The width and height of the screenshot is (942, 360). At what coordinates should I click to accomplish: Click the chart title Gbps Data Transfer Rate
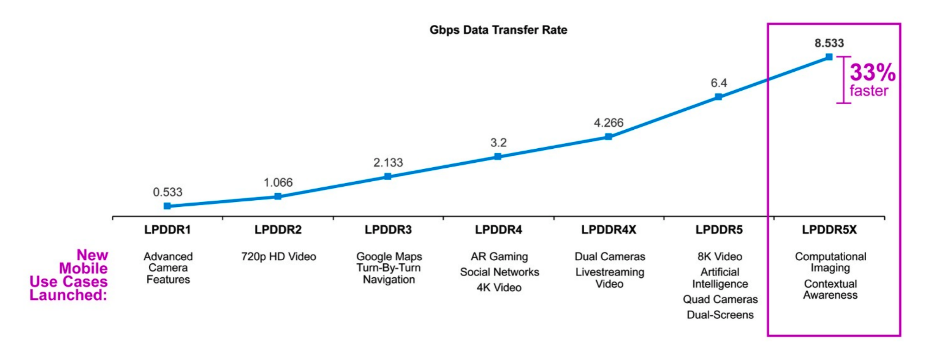point(498,30)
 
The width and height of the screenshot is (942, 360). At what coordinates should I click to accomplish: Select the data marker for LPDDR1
point(167,206)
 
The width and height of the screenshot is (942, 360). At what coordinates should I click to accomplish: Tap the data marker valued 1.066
point(278,196)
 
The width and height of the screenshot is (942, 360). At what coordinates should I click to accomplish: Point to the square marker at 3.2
point(498,157)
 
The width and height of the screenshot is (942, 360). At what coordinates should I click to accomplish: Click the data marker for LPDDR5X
point(829,57)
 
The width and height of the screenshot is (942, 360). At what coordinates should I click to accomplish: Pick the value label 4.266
point(608,123)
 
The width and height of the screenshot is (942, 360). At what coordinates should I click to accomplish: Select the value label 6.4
point(719,83)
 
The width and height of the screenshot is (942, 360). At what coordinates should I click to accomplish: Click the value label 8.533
point(829,43)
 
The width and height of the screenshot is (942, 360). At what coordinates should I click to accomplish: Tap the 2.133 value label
point(388,163)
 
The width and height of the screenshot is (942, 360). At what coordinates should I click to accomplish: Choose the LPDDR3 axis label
point(388,230)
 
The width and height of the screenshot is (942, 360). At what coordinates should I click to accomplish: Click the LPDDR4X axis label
point(609,230)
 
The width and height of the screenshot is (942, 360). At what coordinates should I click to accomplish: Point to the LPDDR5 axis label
point(719,230)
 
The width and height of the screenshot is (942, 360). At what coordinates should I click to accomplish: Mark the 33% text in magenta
point(872,72)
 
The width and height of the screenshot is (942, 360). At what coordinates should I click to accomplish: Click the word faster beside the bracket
point(869,91)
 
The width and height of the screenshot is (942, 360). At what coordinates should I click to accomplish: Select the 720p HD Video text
point(279,257)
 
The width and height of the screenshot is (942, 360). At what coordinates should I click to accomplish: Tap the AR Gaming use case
point(499,257)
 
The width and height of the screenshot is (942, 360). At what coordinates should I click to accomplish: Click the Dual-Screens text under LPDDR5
point(720,315)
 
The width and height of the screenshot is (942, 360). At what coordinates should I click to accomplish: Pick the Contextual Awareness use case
point(830,290)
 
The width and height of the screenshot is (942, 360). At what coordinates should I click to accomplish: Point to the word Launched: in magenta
point(68,295)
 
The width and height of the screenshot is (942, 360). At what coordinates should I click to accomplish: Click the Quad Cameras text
point(720,299)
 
